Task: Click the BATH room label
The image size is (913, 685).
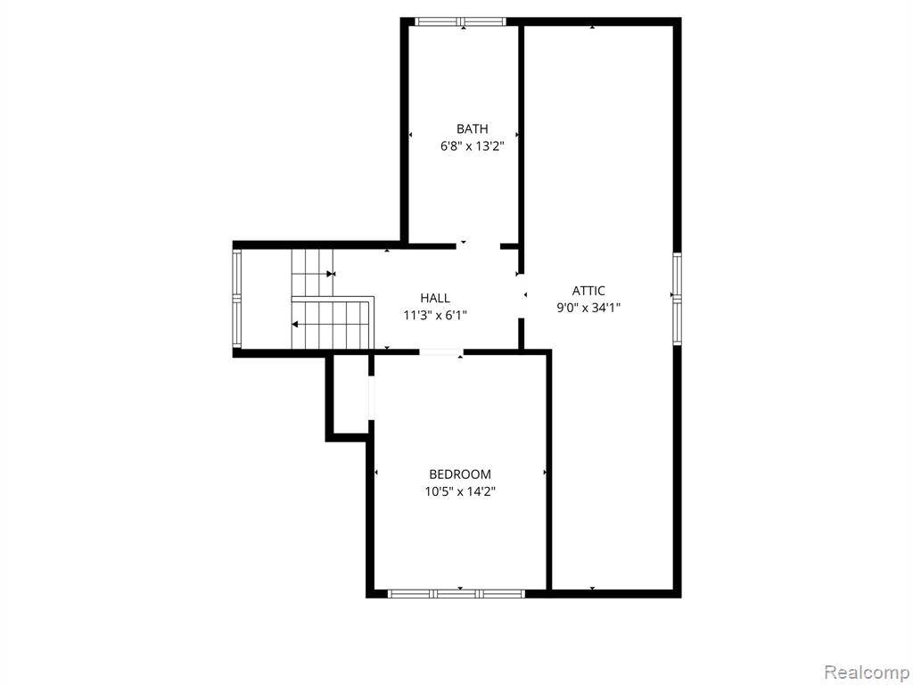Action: coord(472,128)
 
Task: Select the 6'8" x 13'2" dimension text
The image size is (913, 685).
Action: coord(472,146)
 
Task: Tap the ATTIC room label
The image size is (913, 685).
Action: coord(588,291)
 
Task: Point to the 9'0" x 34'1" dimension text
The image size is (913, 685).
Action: coord(588,308)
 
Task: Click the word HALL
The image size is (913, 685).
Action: coord(435,298)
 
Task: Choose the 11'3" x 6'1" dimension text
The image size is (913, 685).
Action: coord(435,316)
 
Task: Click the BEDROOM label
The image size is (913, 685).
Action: coord(460,475)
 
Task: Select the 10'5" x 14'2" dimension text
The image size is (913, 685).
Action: coord(460,491)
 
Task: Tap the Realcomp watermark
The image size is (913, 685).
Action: coord(867,672)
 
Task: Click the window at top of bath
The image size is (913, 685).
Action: coord(461,22)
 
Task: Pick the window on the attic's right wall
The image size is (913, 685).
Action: coord(678,299)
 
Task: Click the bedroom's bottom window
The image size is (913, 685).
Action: coord(456,594)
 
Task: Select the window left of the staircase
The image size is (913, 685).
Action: coord(236,299)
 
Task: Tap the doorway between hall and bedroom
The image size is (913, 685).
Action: coord(441,351)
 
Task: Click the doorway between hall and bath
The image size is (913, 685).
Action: coord(478,246)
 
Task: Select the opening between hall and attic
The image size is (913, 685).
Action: coord(522,296)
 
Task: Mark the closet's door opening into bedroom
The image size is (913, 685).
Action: coord(372,398)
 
